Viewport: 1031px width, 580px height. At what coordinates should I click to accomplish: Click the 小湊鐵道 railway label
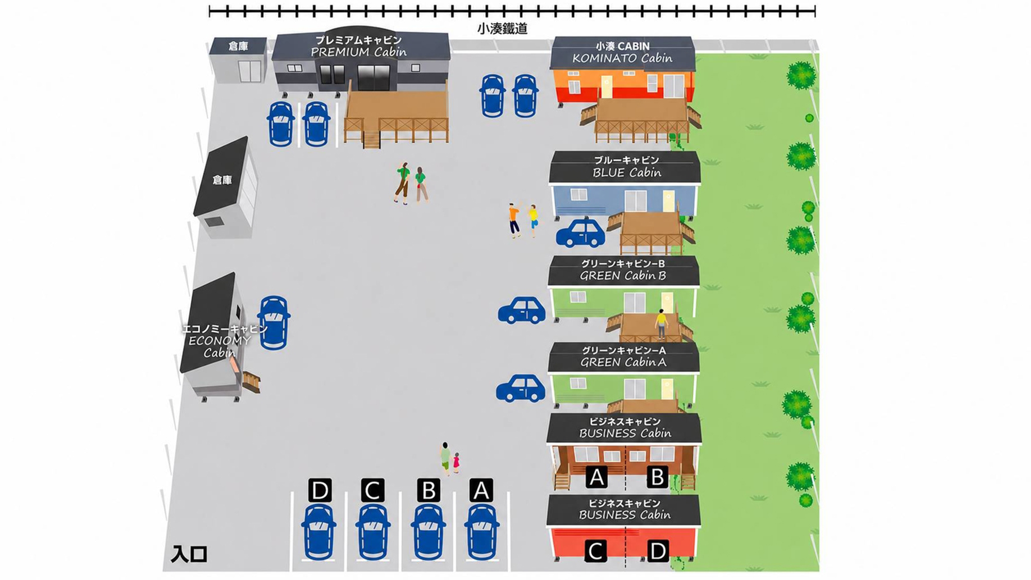pos(502,29)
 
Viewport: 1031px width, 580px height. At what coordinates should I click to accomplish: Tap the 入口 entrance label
pos(189,554)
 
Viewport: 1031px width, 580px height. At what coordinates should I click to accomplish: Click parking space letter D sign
pos(320,490)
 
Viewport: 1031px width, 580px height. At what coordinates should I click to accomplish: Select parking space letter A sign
pos(481,490)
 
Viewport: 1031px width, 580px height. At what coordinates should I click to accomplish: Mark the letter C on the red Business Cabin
pos(595,551)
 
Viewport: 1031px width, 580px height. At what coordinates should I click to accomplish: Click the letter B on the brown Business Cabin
pos(657,477)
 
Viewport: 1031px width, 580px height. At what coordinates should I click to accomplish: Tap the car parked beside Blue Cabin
pos(580,233)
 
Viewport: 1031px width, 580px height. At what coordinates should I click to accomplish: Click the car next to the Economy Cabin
pos(273,323)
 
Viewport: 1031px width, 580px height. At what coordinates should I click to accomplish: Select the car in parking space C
pos(373,532)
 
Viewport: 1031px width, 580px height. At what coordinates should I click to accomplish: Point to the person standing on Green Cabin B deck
pos(661,324)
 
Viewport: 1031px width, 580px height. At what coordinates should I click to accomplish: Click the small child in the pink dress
pos(456,462)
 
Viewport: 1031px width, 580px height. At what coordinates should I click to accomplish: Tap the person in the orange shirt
pos(514,220)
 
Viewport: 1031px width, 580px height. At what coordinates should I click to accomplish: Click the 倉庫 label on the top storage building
pos(238,46)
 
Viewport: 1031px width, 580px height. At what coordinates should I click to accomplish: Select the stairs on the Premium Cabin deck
pos(371,139)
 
